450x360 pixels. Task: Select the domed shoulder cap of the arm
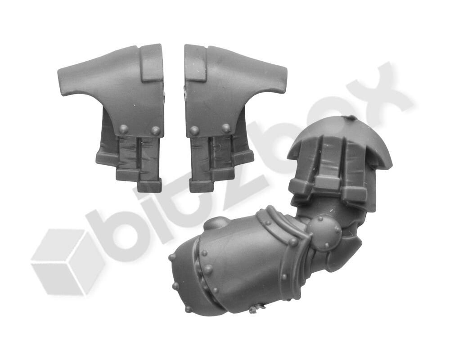coord(339,141)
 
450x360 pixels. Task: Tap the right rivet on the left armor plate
coord(156,130)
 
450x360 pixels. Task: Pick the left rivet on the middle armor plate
coord(194,130)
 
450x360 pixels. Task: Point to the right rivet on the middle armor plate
coord(226,128)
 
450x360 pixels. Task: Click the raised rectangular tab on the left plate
coord(152,63)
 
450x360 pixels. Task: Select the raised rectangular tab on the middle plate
coord(195,63)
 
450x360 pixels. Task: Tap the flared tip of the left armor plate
coord(62,81)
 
